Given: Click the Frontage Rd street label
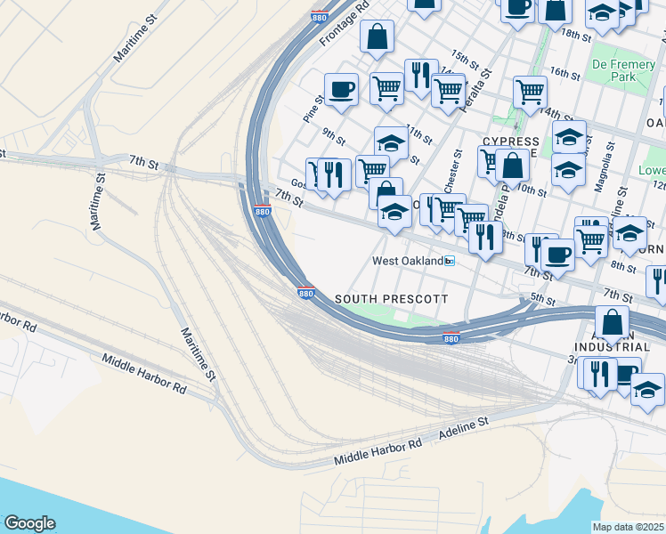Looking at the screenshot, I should pos(341,24).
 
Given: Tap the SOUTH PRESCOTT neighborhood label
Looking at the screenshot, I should pos(391,297).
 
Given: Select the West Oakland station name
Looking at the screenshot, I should pos(407,261).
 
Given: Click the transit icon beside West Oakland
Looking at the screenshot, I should pos(451,261).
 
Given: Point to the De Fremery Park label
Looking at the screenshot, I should pos(624,70).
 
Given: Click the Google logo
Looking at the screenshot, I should pos(29,523).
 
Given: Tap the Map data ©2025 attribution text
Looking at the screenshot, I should pos(629,527).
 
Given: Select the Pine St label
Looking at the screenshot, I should pos(313,109).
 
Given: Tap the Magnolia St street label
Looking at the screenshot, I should pos(605,164).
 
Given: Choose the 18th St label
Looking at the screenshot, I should pos(576,34).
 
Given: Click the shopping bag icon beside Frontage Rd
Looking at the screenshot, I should pos(378,36).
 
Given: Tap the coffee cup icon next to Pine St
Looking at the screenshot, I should pos(341,89).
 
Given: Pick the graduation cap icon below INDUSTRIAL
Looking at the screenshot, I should pos(648,390).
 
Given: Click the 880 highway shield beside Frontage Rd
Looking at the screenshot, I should pos(319,16).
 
